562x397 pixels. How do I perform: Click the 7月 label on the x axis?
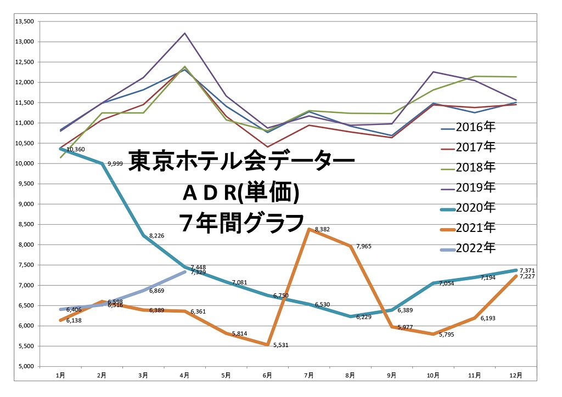pyautogui.click(x=309, y=376)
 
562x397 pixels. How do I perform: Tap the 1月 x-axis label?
pyautogui.click(x=60, y=376)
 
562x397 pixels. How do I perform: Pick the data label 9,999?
pyautogui.click(x=115, y=164)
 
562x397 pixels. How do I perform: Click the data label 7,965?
pyautogui.click(x=363, y=246)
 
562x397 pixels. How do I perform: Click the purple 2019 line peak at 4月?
pyautogui.click(x=185, y=33)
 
